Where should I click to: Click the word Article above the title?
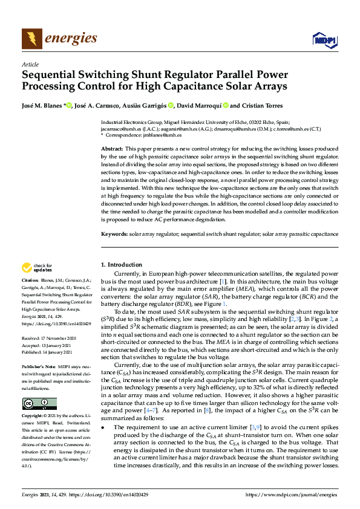click(30, 64)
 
